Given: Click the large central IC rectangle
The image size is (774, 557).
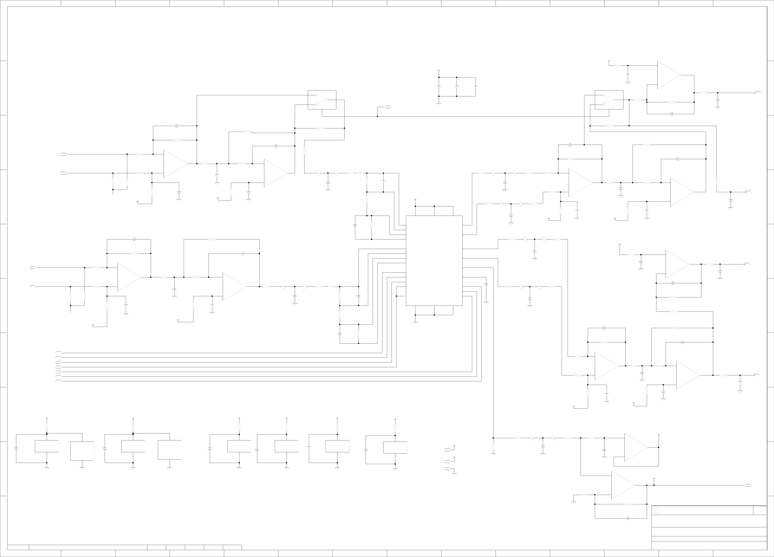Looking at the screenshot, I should coord(434,261).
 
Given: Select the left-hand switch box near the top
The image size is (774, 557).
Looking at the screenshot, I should coord(322,100).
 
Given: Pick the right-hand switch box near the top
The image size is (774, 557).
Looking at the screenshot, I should coord(609,100).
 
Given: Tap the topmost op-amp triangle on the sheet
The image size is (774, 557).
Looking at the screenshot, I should coord(668,75).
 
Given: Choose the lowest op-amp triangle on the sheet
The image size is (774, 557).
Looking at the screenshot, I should coord(622,485).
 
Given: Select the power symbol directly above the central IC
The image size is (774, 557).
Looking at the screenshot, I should coord(415,200).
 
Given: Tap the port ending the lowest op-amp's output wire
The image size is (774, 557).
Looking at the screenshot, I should coord(748,485).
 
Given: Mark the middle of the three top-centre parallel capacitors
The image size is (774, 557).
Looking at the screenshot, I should coord(457,86).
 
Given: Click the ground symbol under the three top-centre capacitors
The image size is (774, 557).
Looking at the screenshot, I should coord(439,104).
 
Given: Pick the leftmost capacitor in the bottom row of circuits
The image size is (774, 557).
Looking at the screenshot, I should coord(16,449).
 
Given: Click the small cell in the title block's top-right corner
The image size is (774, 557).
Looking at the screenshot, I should coord(760,510).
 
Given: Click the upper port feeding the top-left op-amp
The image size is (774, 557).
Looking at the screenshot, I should coord(63,154).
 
